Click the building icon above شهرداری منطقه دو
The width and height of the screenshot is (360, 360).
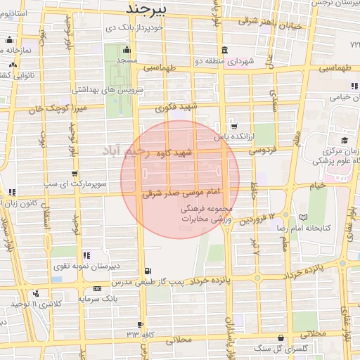224,50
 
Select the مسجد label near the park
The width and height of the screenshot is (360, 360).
127,61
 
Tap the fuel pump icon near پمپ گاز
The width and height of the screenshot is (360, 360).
146,271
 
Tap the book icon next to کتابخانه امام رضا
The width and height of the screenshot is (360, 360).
303,217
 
